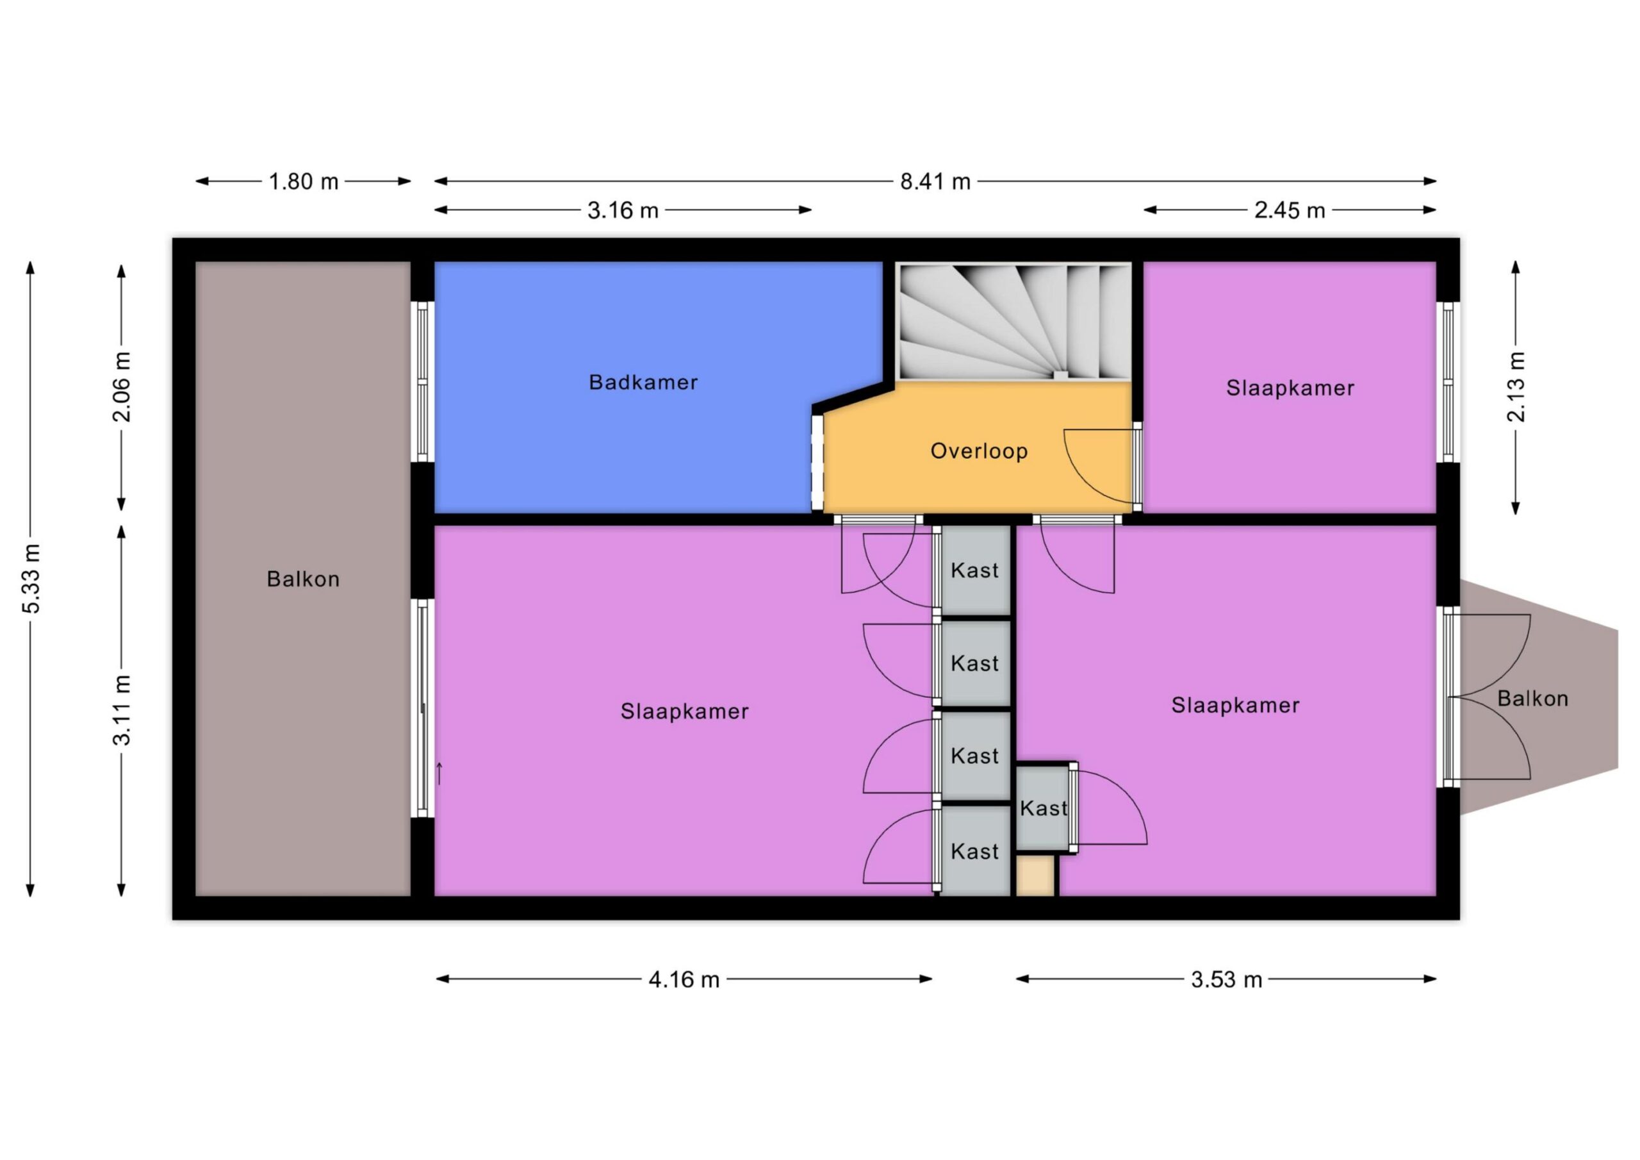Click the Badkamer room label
point(643,383)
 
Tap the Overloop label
point(979,451)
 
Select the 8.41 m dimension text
point(935,181)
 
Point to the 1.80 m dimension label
point(304,181)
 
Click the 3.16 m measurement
point(623,210)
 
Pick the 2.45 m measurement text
point(1290,210)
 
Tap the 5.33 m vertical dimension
point(31,578)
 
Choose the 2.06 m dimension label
point(122,386)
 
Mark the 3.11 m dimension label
point(122,709)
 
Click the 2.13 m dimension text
point(1516,386)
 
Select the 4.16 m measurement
point(684,979)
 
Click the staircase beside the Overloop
point(1014,321)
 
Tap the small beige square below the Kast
point(1035,875)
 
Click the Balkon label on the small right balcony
point(1533,699)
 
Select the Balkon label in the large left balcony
point(303,579)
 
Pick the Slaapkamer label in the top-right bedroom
point(1290,388)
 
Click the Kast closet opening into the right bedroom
point(1043,808)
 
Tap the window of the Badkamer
point(423,382)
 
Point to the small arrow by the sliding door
point(439,774)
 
